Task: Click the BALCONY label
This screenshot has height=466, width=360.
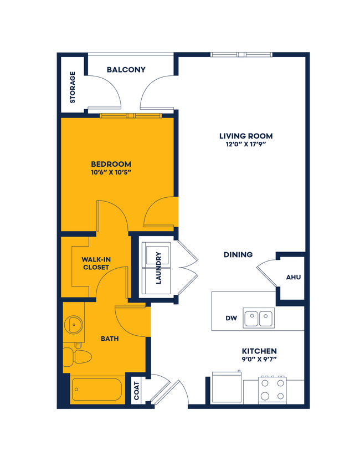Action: pos(126,70)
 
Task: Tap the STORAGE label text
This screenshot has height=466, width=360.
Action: pos(73,88)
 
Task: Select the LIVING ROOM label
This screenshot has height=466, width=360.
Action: pos(246,136)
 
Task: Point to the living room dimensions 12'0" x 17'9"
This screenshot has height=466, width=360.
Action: pos(246,145)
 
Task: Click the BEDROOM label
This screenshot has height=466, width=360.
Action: pos(111,164)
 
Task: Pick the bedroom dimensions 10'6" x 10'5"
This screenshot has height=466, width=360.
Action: pos(111,172)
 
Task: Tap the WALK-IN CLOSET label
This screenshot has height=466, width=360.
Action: pos(96,263)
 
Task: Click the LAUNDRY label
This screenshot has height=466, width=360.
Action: pos(158,268)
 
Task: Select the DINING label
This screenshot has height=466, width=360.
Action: pos(238,255)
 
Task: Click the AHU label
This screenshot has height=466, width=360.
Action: pos(293,277)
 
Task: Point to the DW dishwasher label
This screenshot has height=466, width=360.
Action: pos(232,319)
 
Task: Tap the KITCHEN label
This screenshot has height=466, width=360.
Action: pos(259,351)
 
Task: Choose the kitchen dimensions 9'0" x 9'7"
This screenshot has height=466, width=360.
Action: pos(259,360)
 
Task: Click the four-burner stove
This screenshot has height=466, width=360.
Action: pos(272,388)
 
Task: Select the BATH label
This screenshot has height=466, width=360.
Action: pos(109,339)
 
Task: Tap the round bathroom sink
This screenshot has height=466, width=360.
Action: pos(72,322)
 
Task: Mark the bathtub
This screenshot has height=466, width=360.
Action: pos(97,390)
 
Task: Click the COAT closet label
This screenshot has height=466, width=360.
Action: pos(137,390)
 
